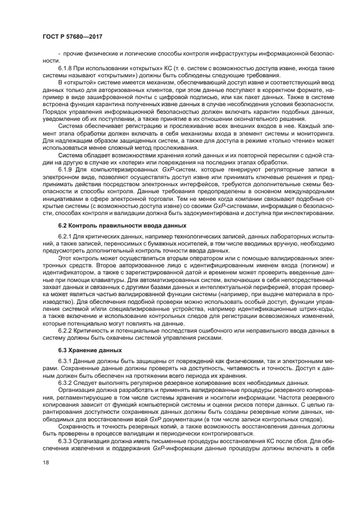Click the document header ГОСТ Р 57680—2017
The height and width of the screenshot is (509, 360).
coord(72,36)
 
